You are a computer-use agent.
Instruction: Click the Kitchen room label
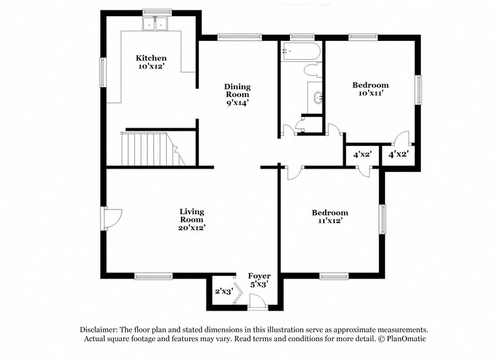coord(150,62)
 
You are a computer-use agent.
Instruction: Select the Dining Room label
coord(237,94)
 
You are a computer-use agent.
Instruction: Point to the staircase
coord(150,148)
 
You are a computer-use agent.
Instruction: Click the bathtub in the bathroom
coord(300,52)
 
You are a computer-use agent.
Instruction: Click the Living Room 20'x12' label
coord(192,219)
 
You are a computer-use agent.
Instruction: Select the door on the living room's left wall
coord(109,217)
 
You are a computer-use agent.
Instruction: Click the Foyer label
coord(259,280)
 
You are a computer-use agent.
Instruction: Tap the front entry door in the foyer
coord(257,301)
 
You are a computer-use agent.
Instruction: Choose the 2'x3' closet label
coord(223,292)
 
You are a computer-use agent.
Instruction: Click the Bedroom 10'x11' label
coord(370,89)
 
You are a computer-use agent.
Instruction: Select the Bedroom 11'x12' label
coord(329,217)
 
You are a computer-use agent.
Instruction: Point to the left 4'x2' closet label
coord(362,155)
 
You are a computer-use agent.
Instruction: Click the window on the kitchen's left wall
coord(102,72)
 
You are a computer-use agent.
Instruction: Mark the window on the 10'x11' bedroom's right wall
coord(418,90)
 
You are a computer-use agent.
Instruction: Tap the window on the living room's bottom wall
coord(153,276)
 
